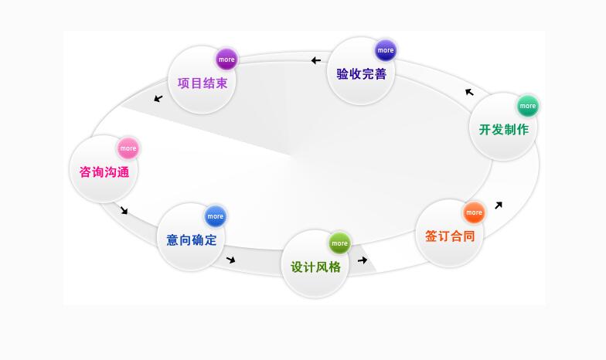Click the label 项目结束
203,83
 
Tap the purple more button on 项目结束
226,59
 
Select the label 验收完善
361,74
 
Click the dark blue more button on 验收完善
386,50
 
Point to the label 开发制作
504,129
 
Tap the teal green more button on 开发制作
528,106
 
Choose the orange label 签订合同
450,236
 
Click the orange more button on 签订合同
474,212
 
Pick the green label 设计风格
315,267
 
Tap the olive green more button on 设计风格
339,243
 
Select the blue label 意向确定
192,239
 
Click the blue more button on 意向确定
216,216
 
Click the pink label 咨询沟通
104,172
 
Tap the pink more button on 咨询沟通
128,148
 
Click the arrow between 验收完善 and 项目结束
315,60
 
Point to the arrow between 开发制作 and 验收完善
469,93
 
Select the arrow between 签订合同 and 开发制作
499,205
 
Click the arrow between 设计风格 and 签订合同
363,260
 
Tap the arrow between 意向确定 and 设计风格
230,260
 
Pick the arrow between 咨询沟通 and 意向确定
124,210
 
